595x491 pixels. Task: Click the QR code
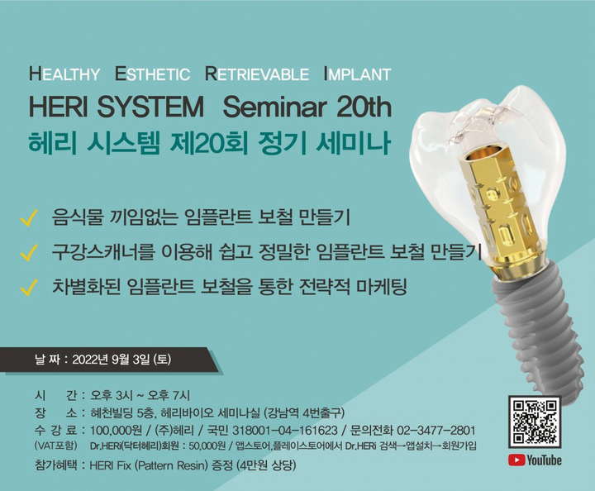tap(535, 422)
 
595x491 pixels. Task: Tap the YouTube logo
tap(535, 460)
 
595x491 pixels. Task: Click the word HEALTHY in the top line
tap(64, 74)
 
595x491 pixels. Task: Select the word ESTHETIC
tap(153, 74)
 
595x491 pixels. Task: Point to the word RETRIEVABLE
tap(257, 74)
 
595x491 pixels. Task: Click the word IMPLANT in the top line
tap(358, 74)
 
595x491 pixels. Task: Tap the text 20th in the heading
tap(364, 107)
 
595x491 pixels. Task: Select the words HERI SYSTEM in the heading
tap(117, 107)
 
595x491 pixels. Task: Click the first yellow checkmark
tap(29, 217)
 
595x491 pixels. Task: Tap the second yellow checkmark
tap(29, 252)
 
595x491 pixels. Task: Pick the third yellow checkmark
tap(29, 287)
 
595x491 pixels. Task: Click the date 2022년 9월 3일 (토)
tap(121, 359)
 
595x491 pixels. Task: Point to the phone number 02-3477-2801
tap(436, 431)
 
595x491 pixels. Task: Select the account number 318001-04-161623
tap(285, 431)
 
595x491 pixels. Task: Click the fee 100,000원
tap(117, 431)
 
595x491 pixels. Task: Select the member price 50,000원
tap(207, 446)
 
